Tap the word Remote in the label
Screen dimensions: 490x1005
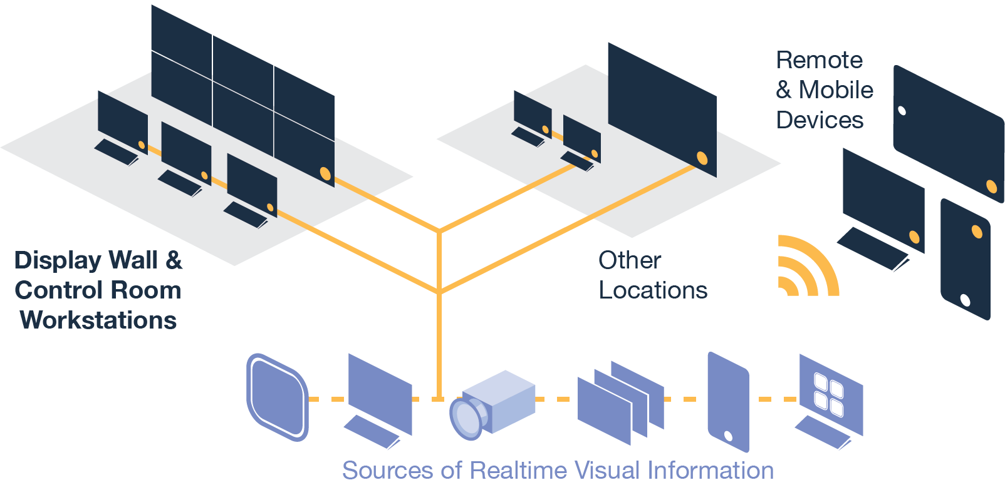819,61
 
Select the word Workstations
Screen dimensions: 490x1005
98,320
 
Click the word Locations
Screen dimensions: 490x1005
653,290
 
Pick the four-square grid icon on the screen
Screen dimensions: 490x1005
828,394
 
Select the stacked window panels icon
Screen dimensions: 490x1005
619,401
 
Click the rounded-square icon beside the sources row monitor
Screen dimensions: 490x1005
278,397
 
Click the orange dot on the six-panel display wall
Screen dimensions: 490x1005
325,173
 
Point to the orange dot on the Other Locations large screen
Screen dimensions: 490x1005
702,158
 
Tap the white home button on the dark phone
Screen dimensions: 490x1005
965,301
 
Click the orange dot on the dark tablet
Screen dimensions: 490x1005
991,186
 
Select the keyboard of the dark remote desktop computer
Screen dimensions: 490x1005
872,249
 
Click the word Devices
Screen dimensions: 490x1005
820,120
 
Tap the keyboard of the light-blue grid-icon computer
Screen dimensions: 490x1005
822,433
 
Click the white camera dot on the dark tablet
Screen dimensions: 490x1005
902,111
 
